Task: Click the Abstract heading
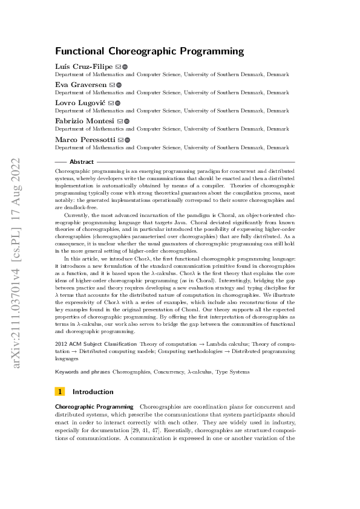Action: pyautogui.click(x=82, y=162)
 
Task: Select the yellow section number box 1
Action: pyautogui.click(x=59, y=391)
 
